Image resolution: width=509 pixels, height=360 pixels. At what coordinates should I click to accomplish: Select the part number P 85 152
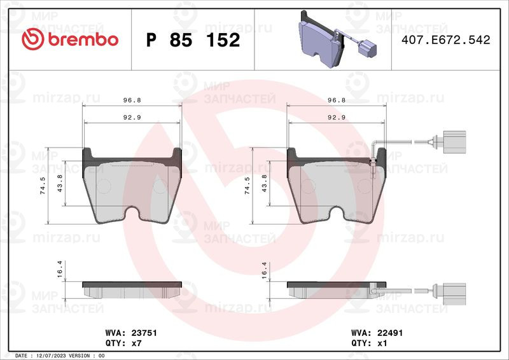193,40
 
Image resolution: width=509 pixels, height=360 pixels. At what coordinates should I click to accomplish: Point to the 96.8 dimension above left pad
132,100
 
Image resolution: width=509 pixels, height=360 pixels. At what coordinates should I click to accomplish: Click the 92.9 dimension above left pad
132,118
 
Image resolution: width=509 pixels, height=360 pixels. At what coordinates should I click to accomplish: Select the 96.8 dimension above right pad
336,100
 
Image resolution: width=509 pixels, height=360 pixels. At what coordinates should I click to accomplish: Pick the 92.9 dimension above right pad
336,118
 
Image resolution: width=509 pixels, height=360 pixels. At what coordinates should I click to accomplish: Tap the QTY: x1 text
369,343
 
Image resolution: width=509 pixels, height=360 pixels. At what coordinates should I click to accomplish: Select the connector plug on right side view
453,291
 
